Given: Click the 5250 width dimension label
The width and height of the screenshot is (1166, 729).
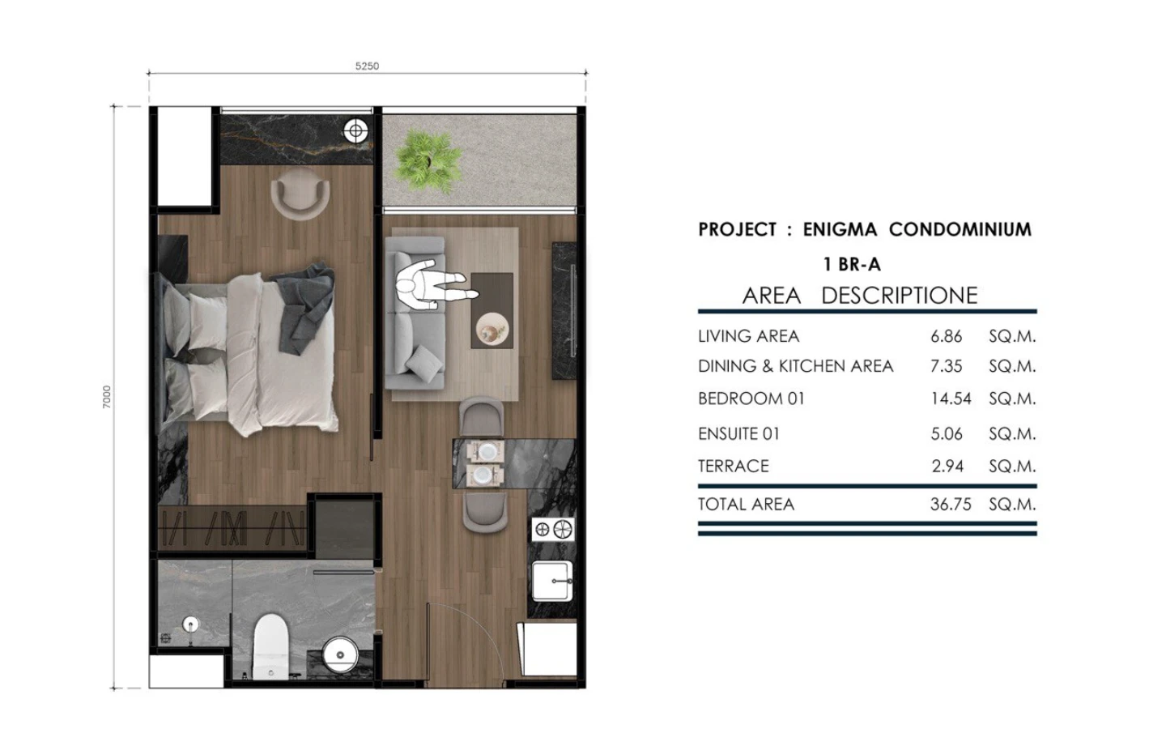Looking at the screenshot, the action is click(367, 66).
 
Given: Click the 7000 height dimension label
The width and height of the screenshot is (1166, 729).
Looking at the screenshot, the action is click(107, 397).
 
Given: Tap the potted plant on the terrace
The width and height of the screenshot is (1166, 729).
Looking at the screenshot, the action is click(428, 160).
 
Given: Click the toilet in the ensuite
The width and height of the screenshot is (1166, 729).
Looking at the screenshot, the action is click(270, 646).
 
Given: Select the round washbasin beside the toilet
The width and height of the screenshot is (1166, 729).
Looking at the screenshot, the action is click(340, 654).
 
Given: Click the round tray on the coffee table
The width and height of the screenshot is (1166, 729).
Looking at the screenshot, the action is click(492, 329).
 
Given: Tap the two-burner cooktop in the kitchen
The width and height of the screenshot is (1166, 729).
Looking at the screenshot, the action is click(553, 530).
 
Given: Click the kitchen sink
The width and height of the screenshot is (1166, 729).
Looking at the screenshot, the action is click(552, 581).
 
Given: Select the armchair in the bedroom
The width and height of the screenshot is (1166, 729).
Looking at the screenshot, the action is click(300, 194).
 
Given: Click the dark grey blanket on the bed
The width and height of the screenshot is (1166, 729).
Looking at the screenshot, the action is click(304, 307).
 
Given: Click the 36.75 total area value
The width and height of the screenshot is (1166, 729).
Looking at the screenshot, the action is click(951, 504).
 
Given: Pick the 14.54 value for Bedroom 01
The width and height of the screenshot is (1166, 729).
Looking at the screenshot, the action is click(951, 399).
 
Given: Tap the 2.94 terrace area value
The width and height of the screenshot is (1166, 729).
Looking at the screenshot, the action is click(947, 466).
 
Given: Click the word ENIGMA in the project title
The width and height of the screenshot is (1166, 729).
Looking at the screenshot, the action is click(840, 229).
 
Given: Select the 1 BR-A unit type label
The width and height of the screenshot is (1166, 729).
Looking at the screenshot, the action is click(852, 265).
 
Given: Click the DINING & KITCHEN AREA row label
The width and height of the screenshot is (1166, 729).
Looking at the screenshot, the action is click(795, 366).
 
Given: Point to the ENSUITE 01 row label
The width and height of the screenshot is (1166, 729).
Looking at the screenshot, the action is click(738, 434).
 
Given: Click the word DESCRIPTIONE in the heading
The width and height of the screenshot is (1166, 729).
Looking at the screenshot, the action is click(900, 295).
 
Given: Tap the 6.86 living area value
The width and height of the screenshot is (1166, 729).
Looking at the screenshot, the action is click(947, 336).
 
